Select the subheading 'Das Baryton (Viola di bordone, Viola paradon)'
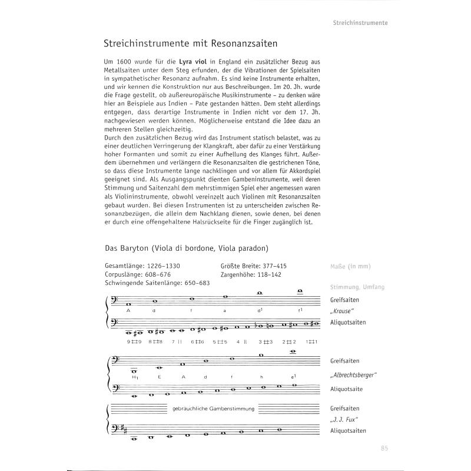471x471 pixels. coord(187,248)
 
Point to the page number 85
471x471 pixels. coord(384,449)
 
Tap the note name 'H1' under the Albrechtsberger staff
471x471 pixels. coord(135,376)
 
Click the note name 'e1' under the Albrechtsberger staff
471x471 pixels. coord(293,376)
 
